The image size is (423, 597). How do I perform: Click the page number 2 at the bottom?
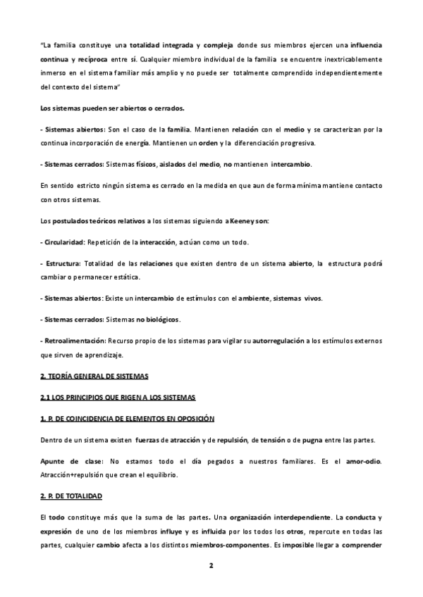(211, 566)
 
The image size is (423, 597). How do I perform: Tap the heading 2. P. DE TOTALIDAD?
(71, 496)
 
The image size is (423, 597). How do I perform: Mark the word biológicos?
(161, 320)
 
